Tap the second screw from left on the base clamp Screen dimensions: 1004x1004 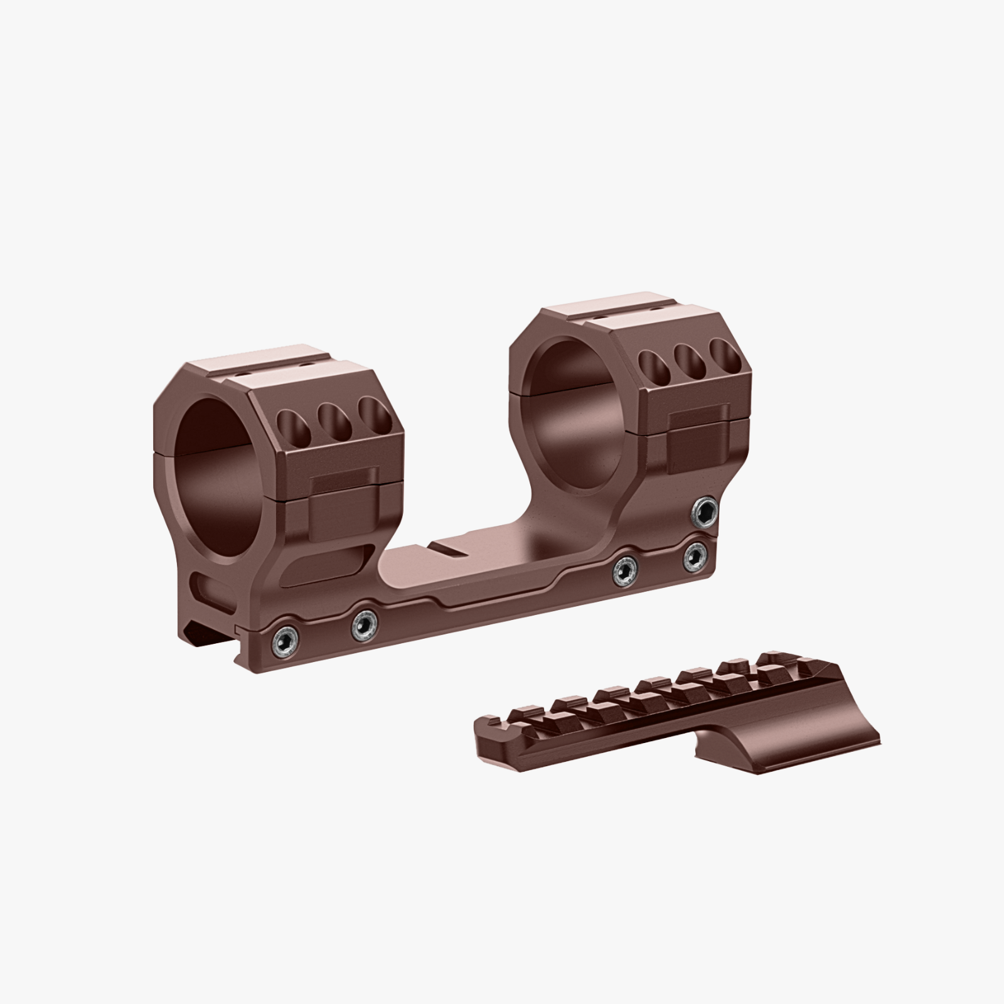[x=364, y=626]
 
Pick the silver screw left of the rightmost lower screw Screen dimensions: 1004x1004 [x=626, y=570]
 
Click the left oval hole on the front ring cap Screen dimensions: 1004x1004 [x=290, y=427]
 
